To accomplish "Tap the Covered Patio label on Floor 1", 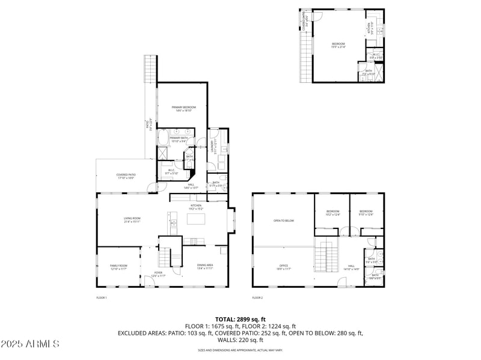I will (x=126, y=176).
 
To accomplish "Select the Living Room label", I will (x=132, y=220).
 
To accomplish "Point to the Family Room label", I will (x=118, y=267).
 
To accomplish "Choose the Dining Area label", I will (x=206, y=267).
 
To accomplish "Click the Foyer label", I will (x=158, y=273).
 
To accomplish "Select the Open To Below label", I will (x=284, y=221).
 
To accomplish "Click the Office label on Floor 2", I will (x=284, y=267).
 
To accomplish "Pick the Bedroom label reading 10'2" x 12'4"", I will (x=333, y=212).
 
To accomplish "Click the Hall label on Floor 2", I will (x=351, y=267).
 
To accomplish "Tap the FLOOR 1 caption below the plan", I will (x=102, y=297).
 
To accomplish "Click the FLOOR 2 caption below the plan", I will (x=257, y=297).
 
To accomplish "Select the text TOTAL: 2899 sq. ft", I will (x=240, y=319).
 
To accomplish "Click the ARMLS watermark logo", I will (x=30, y=344).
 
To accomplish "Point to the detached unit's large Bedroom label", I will (x=339, y=45).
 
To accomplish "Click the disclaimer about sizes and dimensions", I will (x=240, y=350).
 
